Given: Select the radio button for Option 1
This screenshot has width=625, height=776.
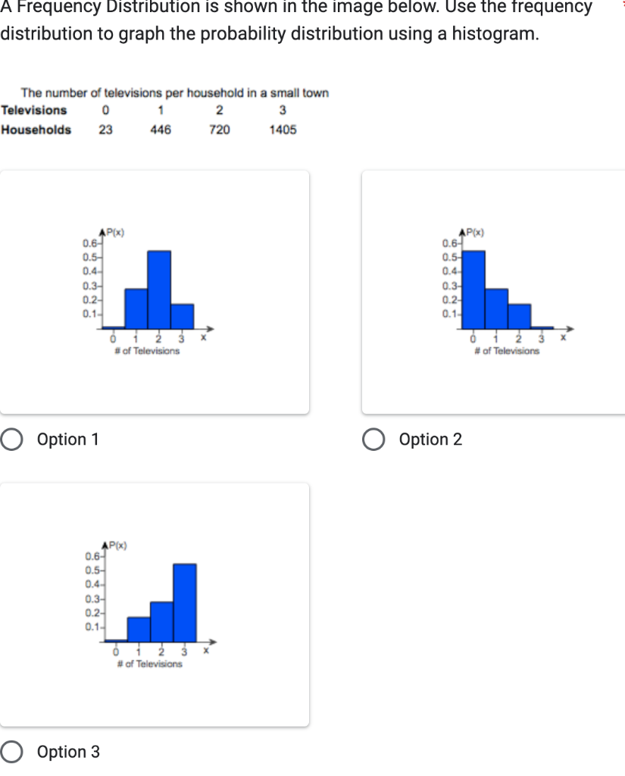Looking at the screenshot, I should (11, 440).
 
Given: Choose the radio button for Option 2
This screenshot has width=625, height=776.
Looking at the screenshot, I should (373, 440).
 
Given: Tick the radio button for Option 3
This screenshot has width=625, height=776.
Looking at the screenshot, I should (11, 752).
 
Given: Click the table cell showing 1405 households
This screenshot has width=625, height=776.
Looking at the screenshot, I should (283, 130).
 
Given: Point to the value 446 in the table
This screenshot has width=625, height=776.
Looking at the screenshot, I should (160, 130).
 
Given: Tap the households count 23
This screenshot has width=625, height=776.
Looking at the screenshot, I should (105, 130).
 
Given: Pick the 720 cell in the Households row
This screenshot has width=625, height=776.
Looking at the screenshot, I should (220, 130).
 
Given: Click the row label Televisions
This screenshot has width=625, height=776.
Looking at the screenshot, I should (34, 110).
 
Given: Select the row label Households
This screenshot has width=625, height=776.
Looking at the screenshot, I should (36, 130).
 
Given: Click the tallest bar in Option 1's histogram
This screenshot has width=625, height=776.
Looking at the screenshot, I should (159, 289).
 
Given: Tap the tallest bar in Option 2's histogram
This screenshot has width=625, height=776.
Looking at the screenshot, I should (473, 289).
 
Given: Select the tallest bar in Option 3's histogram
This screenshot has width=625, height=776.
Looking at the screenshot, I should (185, 602).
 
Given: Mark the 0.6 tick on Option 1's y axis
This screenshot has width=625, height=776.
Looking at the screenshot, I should (89, 244).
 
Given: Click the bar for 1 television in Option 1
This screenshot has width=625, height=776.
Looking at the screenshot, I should (136, 308).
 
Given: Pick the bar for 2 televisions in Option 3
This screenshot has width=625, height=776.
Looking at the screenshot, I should (161, 621).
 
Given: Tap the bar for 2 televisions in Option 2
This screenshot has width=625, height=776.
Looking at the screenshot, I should (519, 315).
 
